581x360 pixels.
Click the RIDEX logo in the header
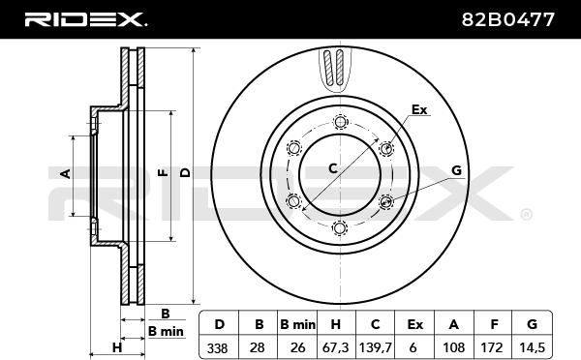pyautogui.click(x=85, y=19)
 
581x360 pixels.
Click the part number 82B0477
pyautogui.click(x=507, y=19)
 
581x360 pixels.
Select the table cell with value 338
pyautogui.click(x=219, y=347)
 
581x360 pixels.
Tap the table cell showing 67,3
pyautogui.click(x=336, y=347)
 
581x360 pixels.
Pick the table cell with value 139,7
pyautogui.click(x=375, y=347)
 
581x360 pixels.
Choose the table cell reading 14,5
pyautogui.click(x=532, y=347)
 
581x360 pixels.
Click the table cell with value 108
pyautogui.click(x=453, y=347)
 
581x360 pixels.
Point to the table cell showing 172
pyautogui.click(x=493, y=347)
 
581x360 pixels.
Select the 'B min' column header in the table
pyautogui.click(x=297, y=324)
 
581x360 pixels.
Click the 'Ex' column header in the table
pyautogui.click(x=414, y=324)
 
